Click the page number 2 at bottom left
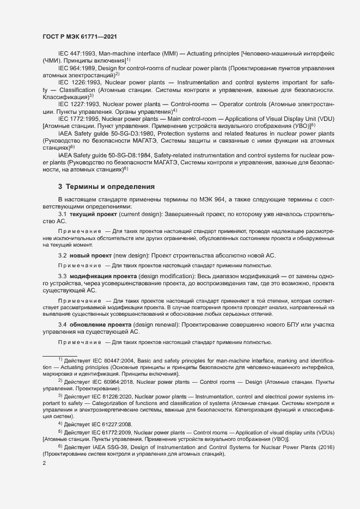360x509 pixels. pos(44,463)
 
